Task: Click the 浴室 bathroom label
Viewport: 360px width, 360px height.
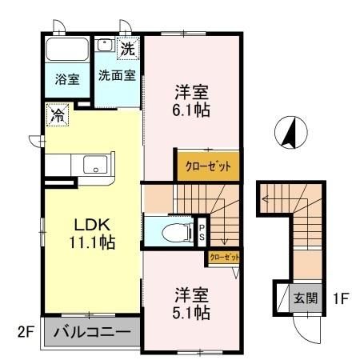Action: click(x=67, y=79)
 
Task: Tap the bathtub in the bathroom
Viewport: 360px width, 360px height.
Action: click(x=68, y=49)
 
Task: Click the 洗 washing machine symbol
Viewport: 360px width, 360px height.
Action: click(x=128, y=48)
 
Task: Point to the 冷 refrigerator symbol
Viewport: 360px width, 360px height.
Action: click(x=56, y=114)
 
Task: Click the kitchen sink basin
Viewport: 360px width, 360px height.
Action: click(x=95, y=166)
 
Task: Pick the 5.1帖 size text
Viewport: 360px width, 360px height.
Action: click(x=193, y=311)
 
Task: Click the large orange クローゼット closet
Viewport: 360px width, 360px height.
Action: click(x=207, y=166)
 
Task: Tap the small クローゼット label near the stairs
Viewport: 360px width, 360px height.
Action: click(x=223, y=258)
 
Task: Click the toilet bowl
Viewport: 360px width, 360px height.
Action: click(x=174, y=233)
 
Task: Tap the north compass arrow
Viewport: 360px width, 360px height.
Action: click(x=290, y=133)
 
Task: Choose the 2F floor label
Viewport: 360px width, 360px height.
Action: click(x=26, y=330)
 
